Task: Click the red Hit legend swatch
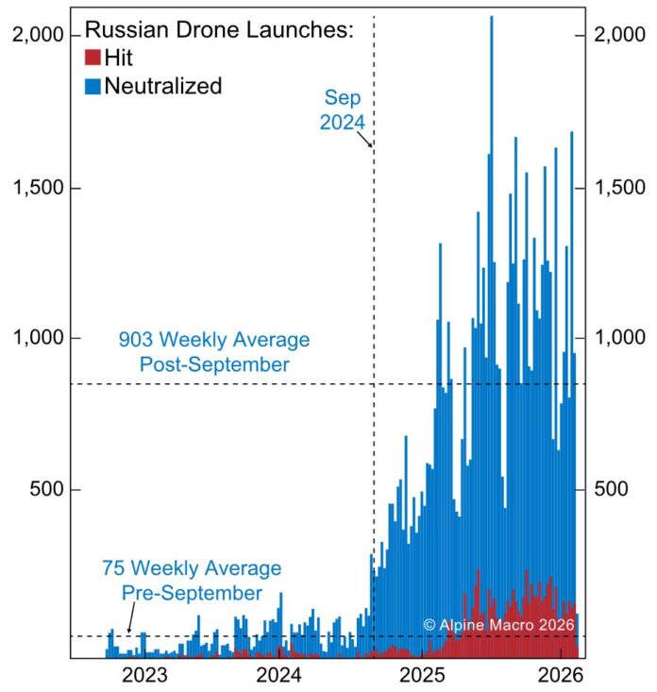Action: click(x=93, y=59)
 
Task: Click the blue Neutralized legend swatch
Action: click(x=93, y=86)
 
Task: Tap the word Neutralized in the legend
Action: click(x=163, y=86)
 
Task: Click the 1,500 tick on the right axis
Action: click(x=621, y=187)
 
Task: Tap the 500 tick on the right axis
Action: click(x=614, y=490)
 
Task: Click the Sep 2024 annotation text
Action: click(x=344, y=110)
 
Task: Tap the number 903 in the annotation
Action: click(x=136, y=340)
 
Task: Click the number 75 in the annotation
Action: click(x=112, y=569)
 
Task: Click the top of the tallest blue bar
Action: click(x=491, y=17)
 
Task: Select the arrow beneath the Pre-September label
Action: click(x=127, y=614)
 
